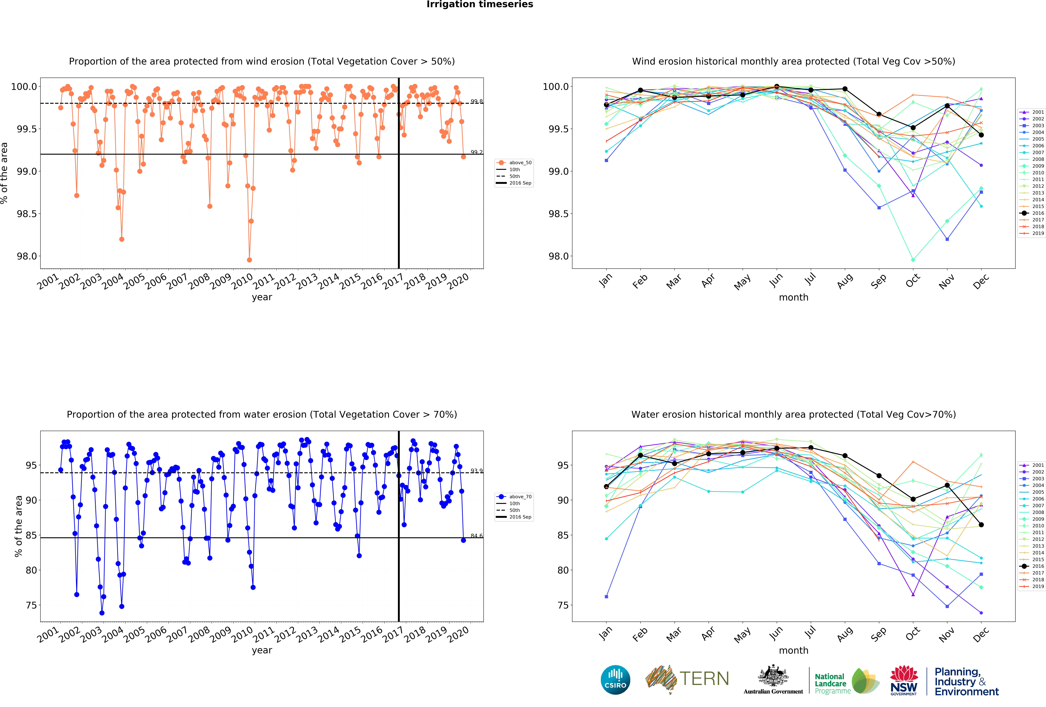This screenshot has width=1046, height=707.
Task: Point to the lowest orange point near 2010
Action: (x=249, y=260)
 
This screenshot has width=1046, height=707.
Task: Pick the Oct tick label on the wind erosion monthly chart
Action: (x=912, y=281)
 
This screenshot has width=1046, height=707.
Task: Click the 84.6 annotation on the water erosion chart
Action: (x=477, y=536)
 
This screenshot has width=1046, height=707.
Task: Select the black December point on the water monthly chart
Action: (x=981, y=525)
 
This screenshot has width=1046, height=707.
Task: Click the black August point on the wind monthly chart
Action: (x=845, y=89)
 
